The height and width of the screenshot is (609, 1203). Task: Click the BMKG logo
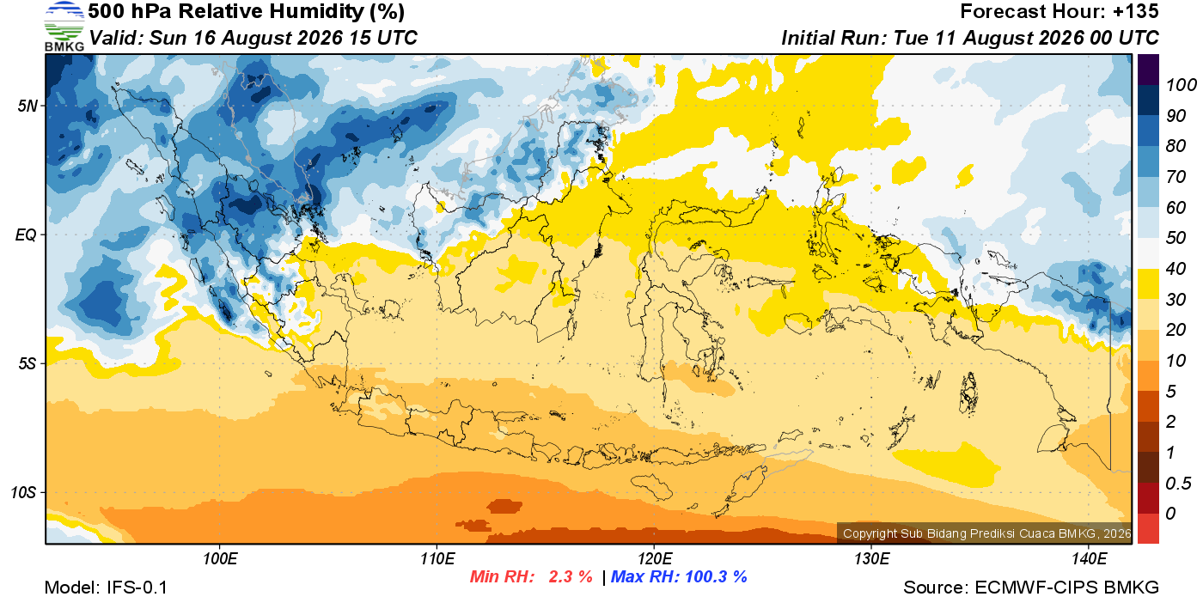tap(64, 26)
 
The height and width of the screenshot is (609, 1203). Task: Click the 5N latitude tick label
tap(27, 106)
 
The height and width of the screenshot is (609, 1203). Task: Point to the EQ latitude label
tap(26, 234)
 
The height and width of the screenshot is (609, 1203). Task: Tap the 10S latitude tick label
tap(22, 492)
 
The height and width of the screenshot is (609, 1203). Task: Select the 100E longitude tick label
tap(220, 558)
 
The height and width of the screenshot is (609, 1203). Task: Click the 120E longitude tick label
tap(655, 558)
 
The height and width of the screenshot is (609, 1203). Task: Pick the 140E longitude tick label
tap(1089, 558)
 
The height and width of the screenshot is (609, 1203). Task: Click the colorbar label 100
tap(1181, 85)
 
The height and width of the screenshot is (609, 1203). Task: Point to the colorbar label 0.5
tap(1178, 484)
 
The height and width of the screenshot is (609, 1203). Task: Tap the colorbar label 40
tap(1176, 269)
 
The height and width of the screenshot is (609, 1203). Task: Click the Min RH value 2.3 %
tap(571, 576)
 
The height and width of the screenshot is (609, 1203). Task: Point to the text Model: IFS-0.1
tap(106, 588)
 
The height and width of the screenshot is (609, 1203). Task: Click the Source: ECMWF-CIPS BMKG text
tap(1031, 588)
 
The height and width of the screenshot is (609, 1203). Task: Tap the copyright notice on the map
tap(986, 533)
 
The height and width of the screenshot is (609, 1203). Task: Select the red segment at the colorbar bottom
tap(1148, 528)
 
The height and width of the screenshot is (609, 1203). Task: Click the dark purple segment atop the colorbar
tap(1148, 70)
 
